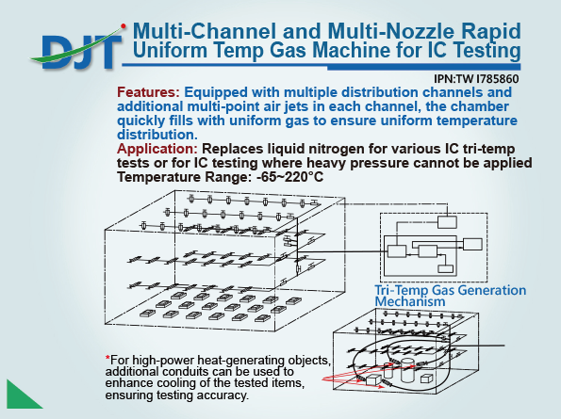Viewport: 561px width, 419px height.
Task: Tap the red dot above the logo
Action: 124,25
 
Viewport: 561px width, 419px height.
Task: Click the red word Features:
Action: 148,92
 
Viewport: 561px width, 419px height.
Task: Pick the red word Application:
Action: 157,149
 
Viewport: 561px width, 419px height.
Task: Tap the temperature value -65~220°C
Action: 290,177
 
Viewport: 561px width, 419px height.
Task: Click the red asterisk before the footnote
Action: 107,358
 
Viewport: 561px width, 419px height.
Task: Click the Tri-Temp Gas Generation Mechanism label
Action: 450,296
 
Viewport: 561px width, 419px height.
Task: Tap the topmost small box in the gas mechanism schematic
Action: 447,222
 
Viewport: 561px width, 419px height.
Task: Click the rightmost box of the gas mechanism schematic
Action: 472,244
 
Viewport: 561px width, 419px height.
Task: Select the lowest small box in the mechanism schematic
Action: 446,269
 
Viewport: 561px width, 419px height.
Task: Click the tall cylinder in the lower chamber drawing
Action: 407,370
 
